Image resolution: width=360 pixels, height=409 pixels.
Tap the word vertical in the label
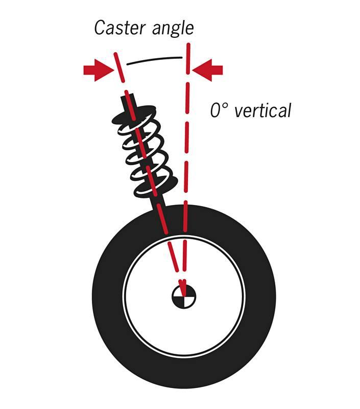click(x=263, y=110)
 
